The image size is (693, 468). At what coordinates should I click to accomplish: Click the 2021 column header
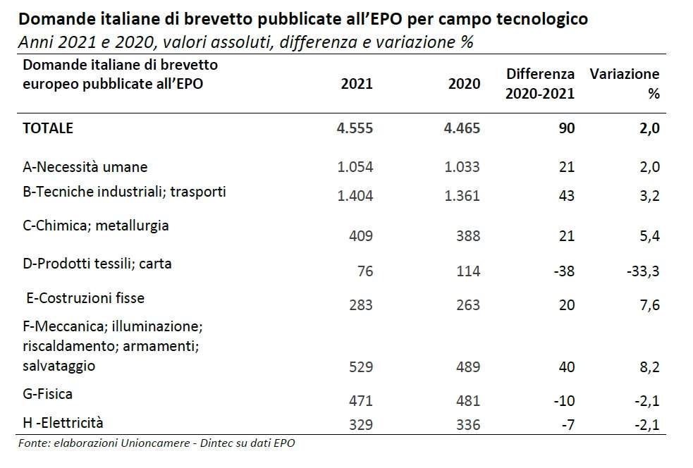point(356,84)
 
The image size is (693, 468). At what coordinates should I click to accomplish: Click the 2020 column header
point(464,84)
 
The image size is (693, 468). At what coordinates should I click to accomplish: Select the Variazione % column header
point(624,83)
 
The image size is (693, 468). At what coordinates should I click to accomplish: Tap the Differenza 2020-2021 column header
point(540,83)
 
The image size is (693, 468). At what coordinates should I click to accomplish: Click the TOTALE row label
point(48,128)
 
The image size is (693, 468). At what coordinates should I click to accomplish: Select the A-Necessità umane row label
point(85,167)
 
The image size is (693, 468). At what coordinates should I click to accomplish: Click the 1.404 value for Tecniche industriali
point(355,196)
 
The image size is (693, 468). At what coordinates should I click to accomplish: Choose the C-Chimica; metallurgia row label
point(96,226)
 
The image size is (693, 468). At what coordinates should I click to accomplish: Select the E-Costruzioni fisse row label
point(85,298)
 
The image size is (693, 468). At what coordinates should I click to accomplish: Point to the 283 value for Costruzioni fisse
point(360,305)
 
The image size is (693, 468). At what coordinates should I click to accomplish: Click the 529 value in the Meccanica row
point(360,367)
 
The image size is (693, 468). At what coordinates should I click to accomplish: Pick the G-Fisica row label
point(47,394)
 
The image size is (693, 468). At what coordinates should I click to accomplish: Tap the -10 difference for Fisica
point(564,401)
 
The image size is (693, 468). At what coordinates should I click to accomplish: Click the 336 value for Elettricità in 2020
point(467,424)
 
